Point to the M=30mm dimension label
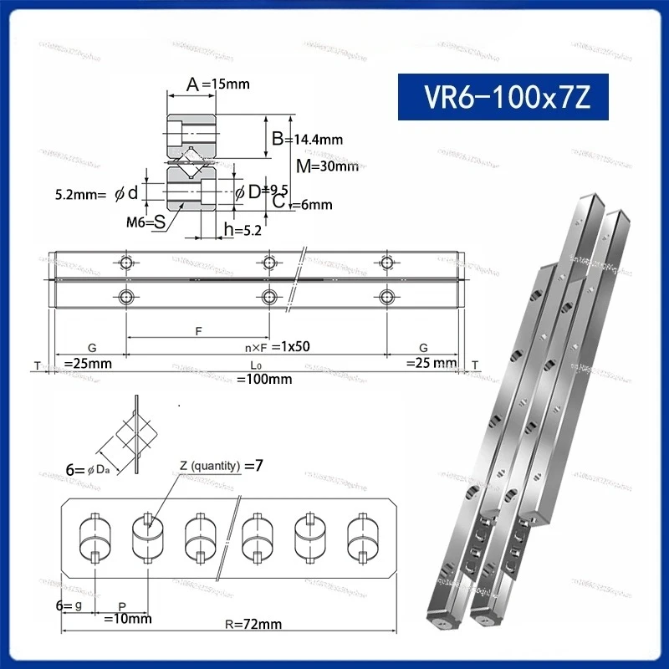[x=327, y=166]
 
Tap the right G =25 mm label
[x=430, y=356]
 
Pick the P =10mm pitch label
[x=126, y=613]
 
